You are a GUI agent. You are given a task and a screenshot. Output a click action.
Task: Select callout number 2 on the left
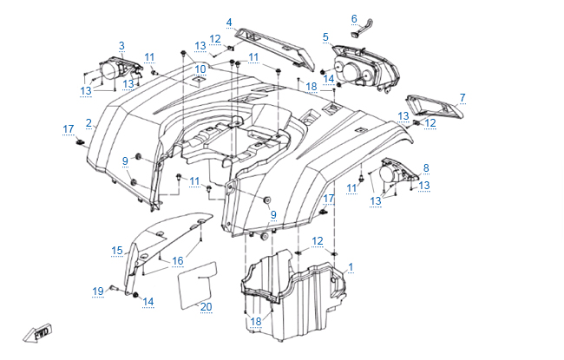(89, 123)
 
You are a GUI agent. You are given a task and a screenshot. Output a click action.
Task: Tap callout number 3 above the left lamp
(121, 46)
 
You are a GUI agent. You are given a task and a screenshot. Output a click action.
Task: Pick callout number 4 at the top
(229, 22)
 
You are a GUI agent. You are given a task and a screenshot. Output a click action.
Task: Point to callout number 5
(325, 37)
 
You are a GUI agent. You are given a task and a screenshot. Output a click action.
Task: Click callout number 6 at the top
(354, 18)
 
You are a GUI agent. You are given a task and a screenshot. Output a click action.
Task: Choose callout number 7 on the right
(462, 97)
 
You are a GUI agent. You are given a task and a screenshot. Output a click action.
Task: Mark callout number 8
(426, 167)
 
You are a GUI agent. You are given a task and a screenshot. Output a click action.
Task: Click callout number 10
(200, 69)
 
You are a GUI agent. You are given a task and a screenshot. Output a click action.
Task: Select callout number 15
(116, 251)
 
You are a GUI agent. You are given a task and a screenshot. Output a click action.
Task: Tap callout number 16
(177, 260)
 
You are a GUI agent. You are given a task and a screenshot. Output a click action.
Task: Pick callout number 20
(206, 307)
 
